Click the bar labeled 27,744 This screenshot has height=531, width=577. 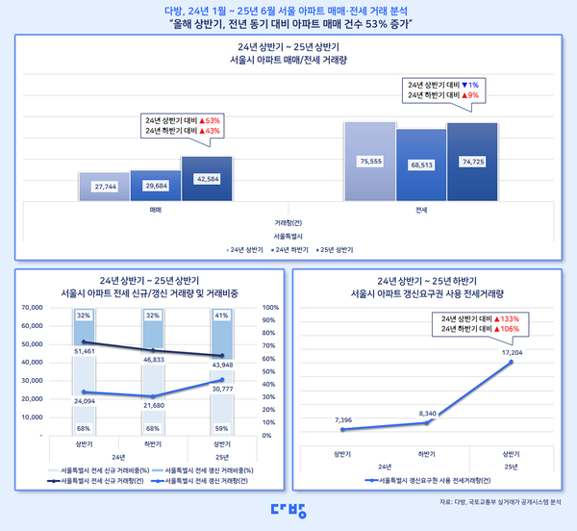click(104, 186)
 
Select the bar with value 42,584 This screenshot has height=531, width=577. click(207, 178)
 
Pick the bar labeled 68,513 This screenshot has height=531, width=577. click(420, 165)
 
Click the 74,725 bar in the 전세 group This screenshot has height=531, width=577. click(471, 162)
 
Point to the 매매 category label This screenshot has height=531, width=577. click(156, 208)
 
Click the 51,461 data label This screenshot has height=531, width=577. click(85, 353)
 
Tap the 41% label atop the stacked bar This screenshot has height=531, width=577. click(221, 315)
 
